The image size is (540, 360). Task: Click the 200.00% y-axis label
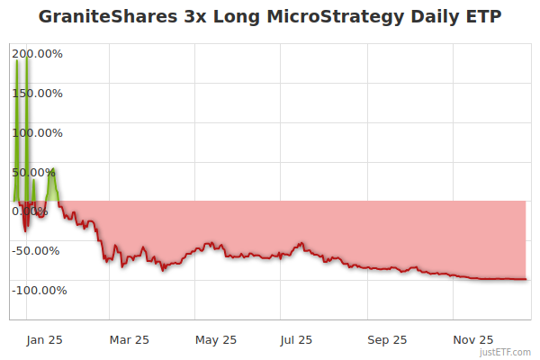point(39,54)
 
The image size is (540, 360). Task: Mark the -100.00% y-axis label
point(39,290)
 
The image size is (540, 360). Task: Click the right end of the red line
point(526,279)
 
